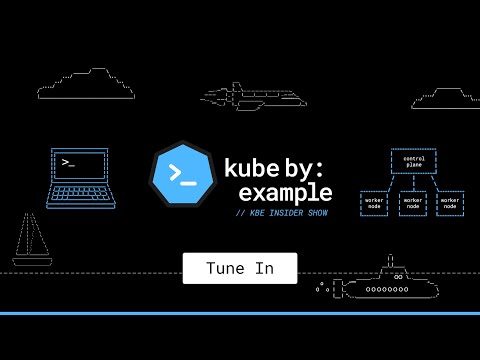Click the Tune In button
click(239, 268)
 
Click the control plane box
click(413, 162)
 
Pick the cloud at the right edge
click(446, 98)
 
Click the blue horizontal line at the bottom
click(240, 313)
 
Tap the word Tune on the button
click(224, 268)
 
